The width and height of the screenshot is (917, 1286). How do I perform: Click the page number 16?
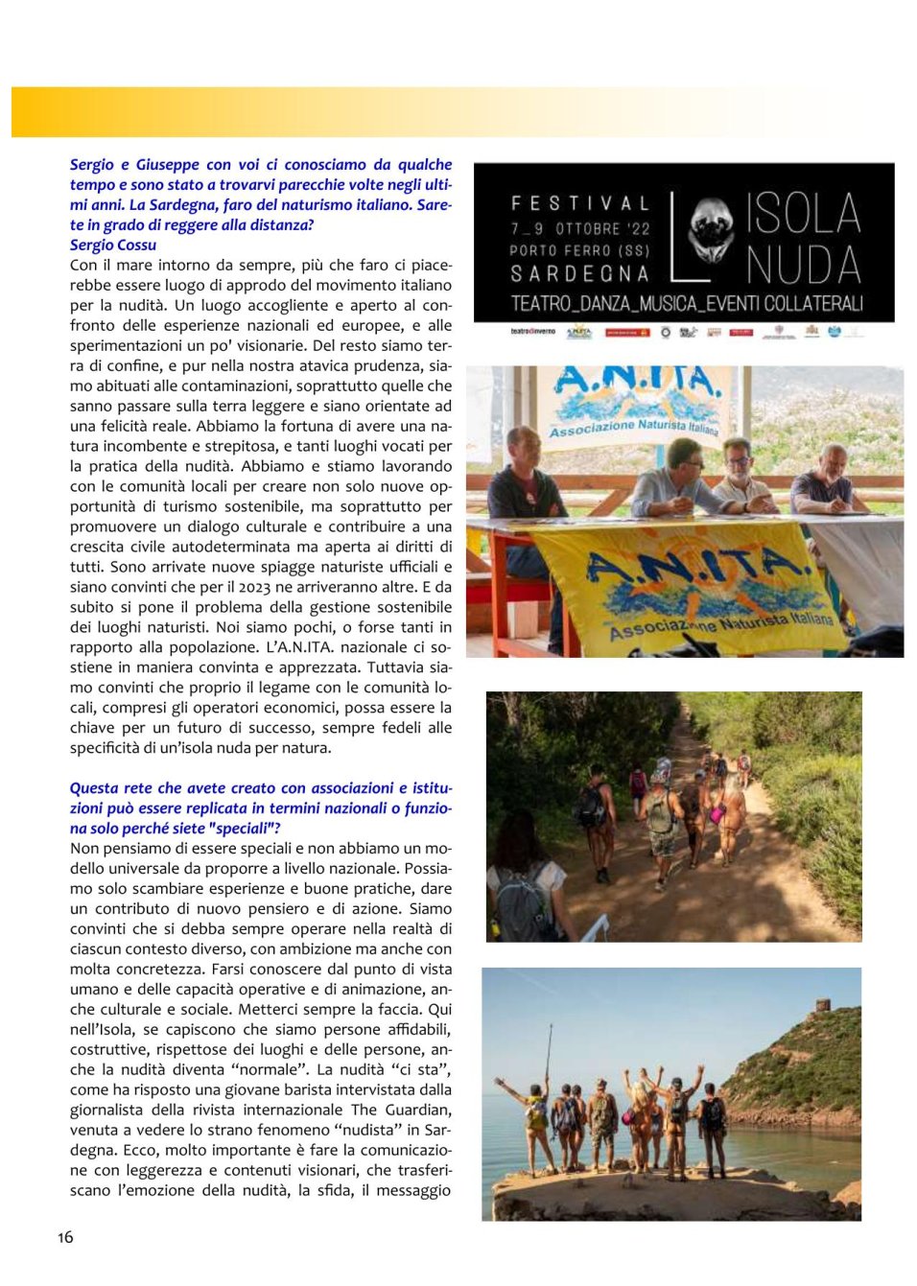[x=65, y=1237]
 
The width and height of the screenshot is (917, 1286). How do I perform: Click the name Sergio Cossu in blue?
[x=113, y=245]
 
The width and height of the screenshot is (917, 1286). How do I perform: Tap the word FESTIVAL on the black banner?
[x=580, y=203]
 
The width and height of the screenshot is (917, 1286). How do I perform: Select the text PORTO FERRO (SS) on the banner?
[x=580, y=250]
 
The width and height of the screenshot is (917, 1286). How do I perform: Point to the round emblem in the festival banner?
[x=711, y=229]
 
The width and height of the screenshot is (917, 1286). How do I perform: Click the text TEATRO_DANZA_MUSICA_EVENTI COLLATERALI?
[x=687, y=304]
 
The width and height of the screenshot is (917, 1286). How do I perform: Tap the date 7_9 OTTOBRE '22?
[x=580, y=228]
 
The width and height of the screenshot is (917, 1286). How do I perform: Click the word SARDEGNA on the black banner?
[x=580, y=274]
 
